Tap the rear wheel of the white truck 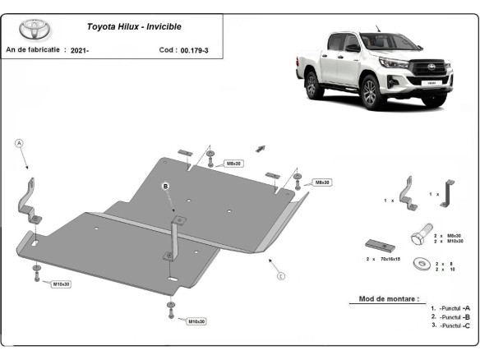(x=312, y=84)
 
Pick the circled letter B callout (x=164, y=187)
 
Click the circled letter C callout (x=280, y=275)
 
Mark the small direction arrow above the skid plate (x=261, y=148)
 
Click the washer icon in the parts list (x=422, y=264)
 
